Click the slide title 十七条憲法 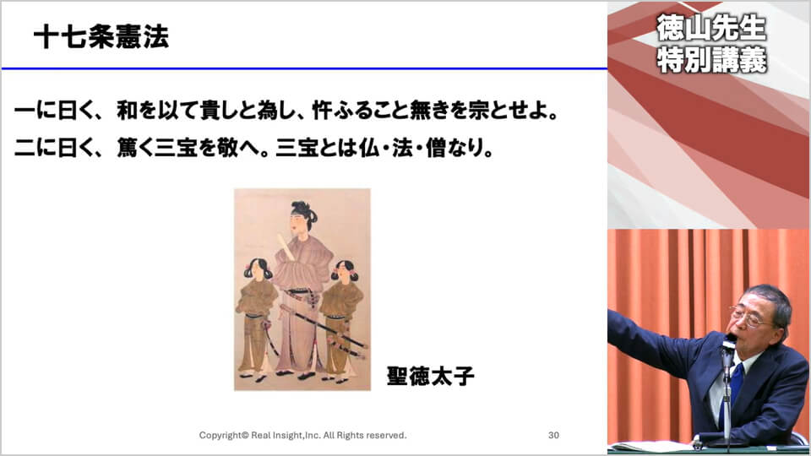tap(101, 36)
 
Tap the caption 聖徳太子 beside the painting tap(430, 377)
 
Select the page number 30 tap(553, 436)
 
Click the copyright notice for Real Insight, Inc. tap(302, 436)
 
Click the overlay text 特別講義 tap(711, 60)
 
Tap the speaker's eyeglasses tap(748, 316)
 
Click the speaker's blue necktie tap(733, 388)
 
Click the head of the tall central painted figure tap(302, 216)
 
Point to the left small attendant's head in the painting tap(259, 269)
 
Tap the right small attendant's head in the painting tap(344, 270)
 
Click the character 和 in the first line tap(128, 111)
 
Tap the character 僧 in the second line tap(436, 148)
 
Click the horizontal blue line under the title tap(304, 68)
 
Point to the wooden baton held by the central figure tap(286, 247)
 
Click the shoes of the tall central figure tap(296, 374)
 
